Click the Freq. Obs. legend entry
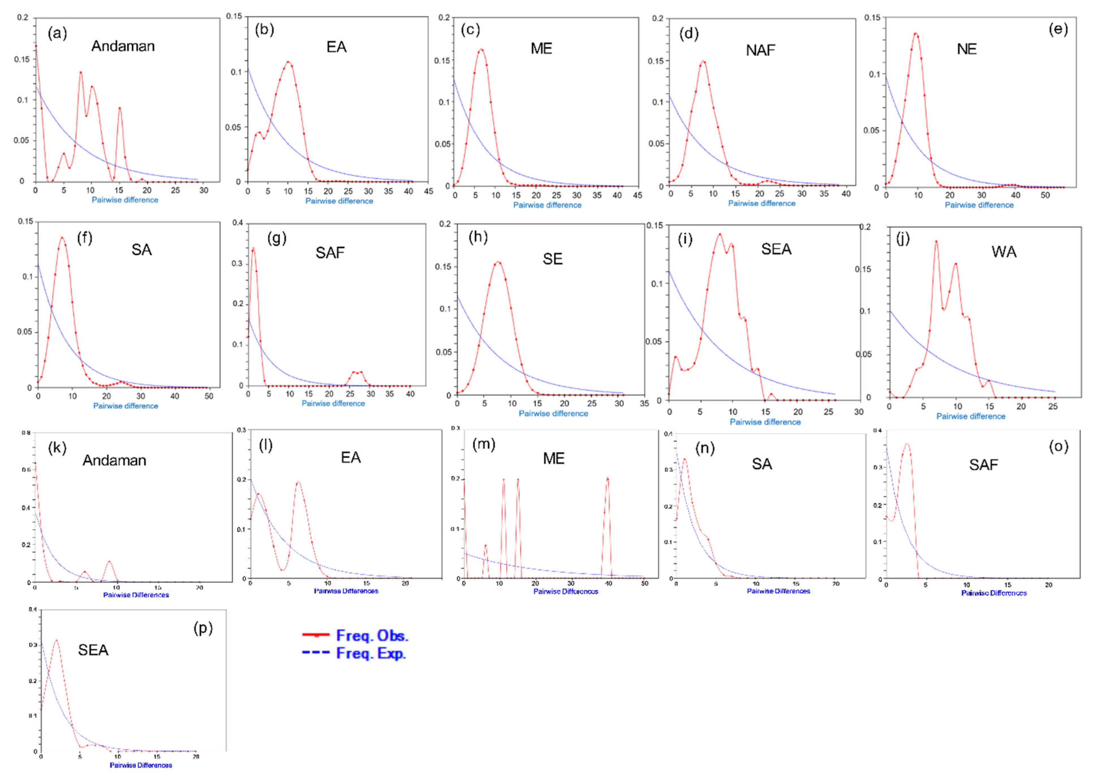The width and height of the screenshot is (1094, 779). coord(355,635)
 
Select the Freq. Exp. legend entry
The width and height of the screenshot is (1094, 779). coord(355,653)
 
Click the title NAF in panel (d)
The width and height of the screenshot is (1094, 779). coord(760,50)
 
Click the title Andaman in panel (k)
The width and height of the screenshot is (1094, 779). coord(114,461)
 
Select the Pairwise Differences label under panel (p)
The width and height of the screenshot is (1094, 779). coord(140,765)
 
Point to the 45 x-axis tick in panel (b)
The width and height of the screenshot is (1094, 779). coord(428,191)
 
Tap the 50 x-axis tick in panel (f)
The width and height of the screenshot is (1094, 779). coord(209,396)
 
